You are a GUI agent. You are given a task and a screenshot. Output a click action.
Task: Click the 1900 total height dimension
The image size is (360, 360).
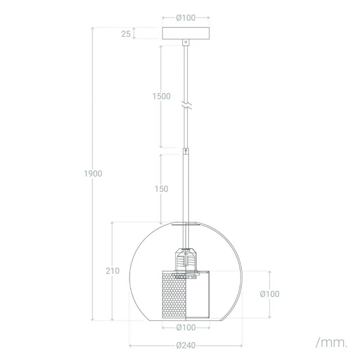click(92, 173)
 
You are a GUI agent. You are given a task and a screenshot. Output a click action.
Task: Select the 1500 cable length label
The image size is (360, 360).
click(161, 96)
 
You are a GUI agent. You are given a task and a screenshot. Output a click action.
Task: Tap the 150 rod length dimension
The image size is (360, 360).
click(161, 189)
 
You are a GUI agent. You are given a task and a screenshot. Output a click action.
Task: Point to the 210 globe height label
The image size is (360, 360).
click(113, 270)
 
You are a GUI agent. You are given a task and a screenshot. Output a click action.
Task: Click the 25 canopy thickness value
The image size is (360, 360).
click(125, 34)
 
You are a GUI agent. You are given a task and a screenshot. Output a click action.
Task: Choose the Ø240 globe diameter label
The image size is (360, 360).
click(186, 345)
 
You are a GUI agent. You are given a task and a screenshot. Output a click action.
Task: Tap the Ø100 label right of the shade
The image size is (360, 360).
click(269, 294)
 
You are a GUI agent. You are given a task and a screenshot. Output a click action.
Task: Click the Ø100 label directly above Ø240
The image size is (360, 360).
click(186, 328)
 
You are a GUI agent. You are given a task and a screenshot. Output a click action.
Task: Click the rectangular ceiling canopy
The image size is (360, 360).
click(186, 34)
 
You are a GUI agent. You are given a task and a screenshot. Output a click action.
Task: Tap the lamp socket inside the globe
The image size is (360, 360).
click(187, 259)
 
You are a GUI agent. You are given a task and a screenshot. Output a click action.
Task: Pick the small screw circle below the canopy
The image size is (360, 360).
click(186, 43)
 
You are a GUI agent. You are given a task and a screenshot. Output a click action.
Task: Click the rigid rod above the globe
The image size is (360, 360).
click(187, 186)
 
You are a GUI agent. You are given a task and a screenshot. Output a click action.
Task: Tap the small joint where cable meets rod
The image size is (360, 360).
click(187, 149)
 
